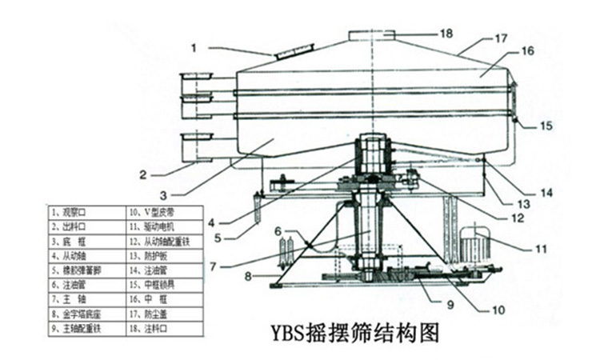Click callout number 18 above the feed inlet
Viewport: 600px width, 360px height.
coord(446,33)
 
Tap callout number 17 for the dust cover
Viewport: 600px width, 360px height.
coord(501,38)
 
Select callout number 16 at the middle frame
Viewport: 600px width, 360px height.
coord(527,51)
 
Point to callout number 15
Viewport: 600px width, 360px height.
coord(544,126)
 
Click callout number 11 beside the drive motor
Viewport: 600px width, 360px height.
coord(540,248)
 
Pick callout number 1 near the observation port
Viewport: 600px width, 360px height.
coord(193,47)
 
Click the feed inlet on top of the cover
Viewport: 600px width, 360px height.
coord(373,37)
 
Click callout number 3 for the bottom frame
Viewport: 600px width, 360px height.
coord(165,194)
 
